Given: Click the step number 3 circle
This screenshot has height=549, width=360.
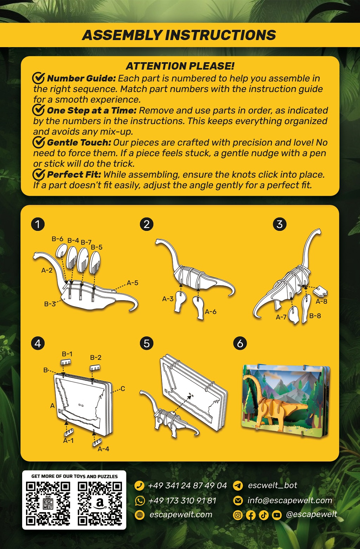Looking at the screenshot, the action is [279, 224].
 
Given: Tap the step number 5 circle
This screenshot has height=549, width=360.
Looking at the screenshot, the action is [147, 344].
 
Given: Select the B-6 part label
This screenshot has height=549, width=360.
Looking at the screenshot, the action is [57, 239].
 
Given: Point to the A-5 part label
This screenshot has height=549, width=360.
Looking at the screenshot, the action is [133, 283].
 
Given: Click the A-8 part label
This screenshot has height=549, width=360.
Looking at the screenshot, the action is [321, 302].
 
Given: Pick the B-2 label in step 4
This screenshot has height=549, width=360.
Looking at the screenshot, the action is [96, 357].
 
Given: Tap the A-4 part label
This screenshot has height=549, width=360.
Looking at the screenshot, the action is [103, 449].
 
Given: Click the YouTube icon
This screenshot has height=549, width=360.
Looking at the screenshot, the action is [277, 515].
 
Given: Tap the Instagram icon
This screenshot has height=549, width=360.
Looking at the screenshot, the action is [238, 515].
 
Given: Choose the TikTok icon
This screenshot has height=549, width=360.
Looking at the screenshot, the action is [264, 515].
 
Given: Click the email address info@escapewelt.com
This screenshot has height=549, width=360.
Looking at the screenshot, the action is [290, 500].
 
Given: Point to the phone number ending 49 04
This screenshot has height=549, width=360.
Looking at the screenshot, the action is [188, 485].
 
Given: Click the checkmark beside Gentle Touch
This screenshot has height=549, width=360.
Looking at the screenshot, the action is [39, 142].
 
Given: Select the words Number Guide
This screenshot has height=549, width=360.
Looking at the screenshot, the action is [81, 78].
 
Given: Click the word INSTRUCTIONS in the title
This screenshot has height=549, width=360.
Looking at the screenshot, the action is [220, 35].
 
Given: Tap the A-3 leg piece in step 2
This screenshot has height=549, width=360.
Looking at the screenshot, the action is [180, 302].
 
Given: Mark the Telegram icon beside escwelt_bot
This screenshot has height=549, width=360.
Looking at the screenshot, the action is [238, 485].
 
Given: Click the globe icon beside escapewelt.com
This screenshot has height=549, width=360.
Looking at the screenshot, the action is [140, 515].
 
